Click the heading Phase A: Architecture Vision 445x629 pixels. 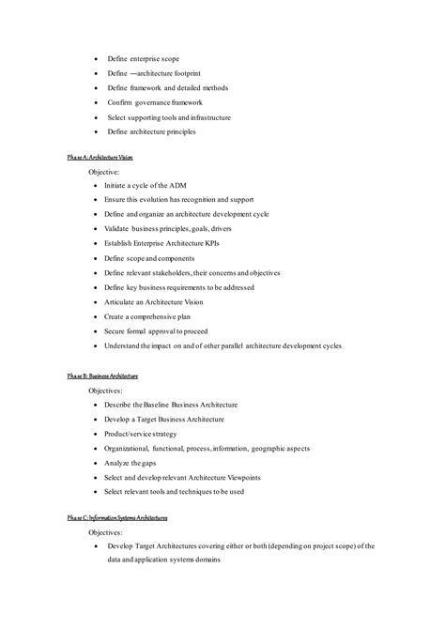tap(106, 159)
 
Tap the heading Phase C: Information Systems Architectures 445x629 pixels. tap(117, 517)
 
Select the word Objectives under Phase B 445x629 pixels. tap(111, 390)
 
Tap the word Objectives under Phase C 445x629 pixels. tap(111, 531)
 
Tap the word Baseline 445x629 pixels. tap(186, 405)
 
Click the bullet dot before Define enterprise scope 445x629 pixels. tap(97, 58)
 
